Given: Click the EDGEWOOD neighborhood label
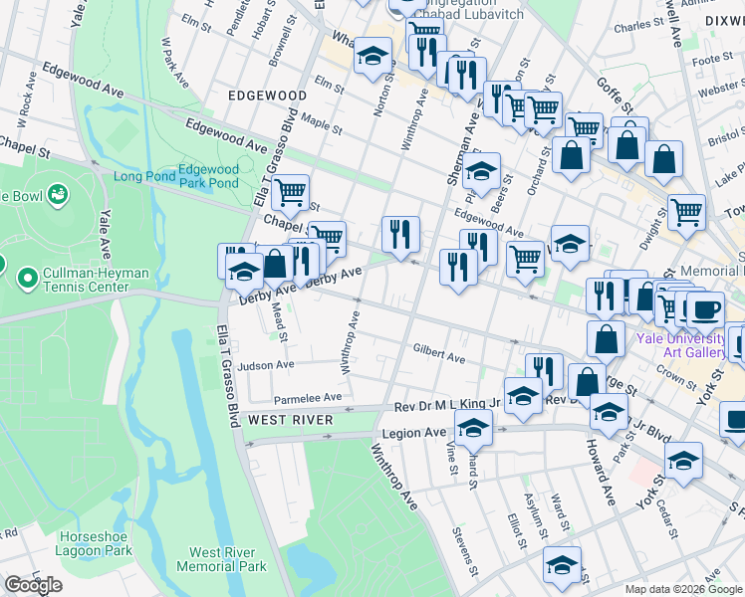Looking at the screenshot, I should [266, 96].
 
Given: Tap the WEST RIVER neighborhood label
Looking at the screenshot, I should [290, 420].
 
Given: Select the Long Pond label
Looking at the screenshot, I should [142, 177].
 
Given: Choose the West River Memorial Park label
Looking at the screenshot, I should [221, 559].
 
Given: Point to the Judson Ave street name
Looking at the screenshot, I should [266, 365].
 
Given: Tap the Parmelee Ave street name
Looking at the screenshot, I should [308, 397].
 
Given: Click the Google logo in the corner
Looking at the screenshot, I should [33, 585].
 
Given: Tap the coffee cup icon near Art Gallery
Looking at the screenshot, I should [707, 308].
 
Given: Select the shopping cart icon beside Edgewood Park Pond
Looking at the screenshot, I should [290, 191].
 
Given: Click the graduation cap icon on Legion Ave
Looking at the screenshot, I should [474, 429].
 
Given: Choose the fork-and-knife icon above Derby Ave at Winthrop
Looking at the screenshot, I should [401, 235].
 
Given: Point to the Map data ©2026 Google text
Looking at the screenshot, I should [682, 589].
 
